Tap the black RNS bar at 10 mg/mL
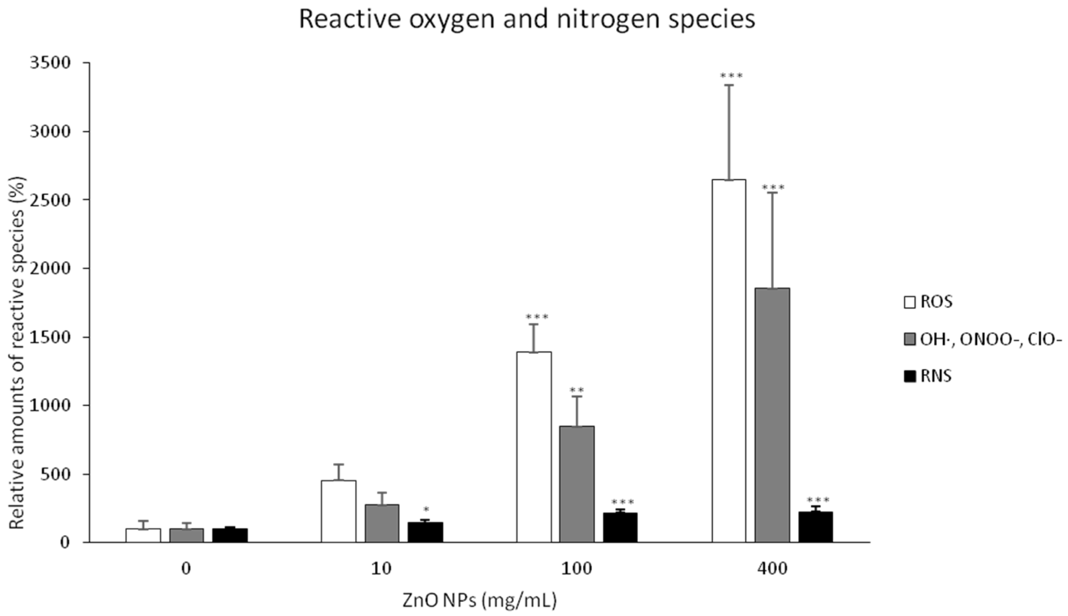point(425,532)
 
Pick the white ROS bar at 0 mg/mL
point(143,535)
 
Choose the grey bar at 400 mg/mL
point(772,415)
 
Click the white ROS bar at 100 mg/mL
point(534,446)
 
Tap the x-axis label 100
point(577,569)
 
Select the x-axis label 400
point(772,569)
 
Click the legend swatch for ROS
point(909,302)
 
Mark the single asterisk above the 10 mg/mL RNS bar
point(426,509)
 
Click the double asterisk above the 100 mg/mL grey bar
point(577,390)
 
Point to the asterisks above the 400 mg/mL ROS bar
point(731,76)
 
